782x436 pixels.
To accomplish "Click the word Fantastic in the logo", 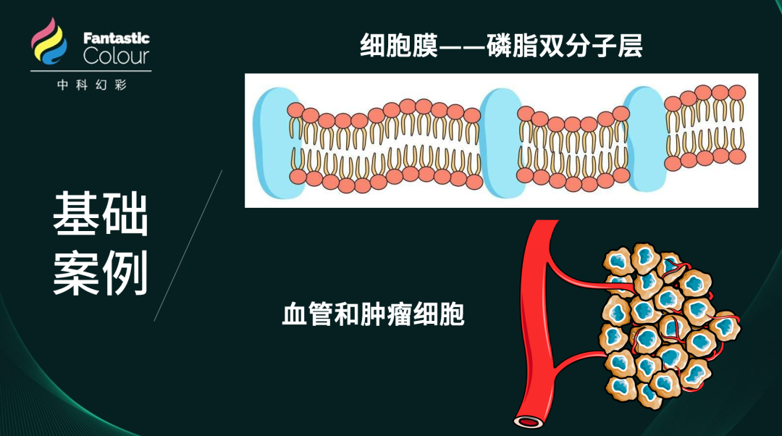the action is point(116,38).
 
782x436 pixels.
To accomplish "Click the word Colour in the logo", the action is point(116,56).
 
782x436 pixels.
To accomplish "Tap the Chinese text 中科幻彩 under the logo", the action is point(92,85).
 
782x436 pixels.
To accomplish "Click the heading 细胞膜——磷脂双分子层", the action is point(501,47).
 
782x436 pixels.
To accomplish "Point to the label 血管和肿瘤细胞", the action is point(372,315).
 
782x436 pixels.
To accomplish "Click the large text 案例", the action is point(100,273).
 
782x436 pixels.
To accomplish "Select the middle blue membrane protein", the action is point(500,143).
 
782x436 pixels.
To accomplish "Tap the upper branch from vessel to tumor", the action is point(576,278).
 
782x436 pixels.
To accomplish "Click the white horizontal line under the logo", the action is point(91,71).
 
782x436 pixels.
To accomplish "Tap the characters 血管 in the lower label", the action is point(307,315).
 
